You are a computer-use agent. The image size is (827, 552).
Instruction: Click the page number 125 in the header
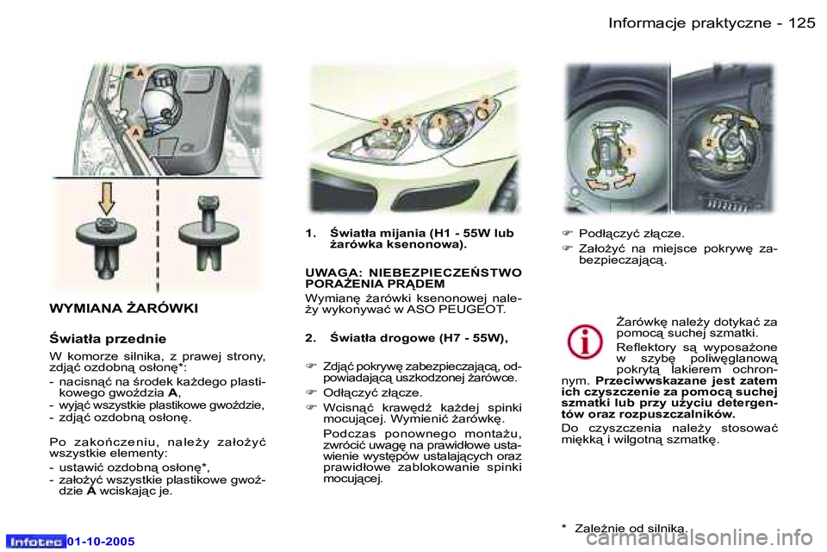point(800,23)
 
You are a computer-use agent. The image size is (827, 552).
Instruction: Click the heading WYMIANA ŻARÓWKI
point(124,308)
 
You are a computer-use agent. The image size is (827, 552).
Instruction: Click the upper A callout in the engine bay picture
point(137,75)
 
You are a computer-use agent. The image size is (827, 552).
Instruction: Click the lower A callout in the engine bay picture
point(136,130)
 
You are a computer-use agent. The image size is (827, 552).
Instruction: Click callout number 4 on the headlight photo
point(486,103)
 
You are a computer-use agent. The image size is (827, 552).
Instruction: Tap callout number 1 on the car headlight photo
point(438,121)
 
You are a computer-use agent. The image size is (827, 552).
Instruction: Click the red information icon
point(584,342)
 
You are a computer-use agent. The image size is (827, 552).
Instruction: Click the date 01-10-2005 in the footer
point(102,541)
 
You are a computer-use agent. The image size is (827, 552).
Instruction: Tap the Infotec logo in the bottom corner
point(36,541)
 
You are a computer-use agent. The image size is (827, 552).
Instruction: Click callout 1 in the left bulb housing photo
point(631,151)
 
